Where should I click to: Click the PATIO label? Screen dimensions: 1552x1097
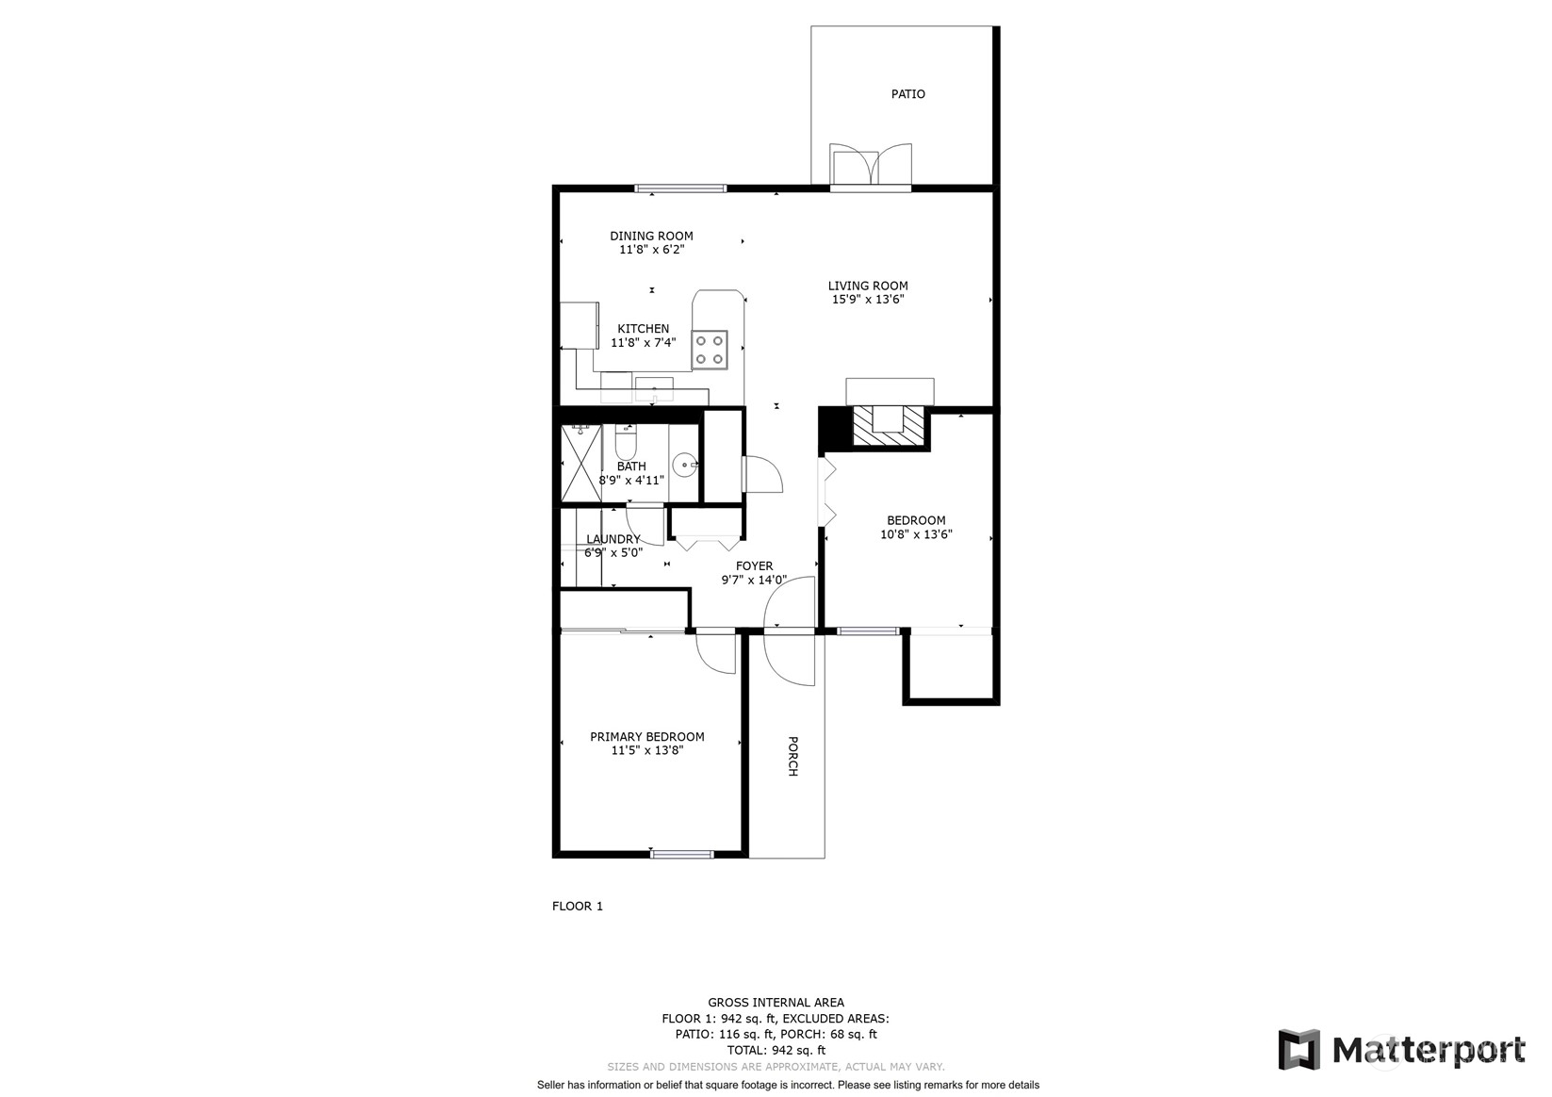tap(907, 94)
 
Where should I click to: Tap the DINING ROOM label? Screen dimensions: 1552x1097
tap(651, 237)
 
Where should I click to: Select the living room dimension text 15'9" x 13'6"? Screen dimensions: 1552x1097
tap(868, 300)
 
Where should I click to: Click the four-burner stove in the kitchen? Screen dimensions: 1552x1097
tap(710, 350)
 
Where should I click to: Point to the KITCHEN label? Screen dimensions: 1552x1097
tap(643, 329)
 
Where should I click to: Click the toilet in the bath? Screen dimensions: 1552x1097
tap(625, 439)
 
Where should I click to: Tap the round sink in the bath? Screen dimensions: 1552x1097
tap(684, 465)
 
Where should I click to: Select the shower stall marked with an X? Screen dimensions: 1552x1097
tap(580, 463)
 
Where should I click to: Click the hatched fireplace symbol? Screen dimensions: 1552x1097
tap(889, 425)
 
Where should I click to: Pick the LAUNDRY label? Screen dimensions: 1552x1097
tap(613, 539)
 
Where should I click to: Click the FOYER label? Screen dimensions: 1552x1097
tap(755, 566)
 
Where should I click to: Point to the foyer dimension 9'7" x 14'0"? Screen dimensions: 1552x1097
tap(755, 580)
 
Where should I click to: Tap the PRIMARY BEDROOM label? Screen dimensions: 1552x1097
tap(647, 737)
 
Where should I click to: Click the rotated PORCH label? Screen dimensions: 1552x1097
tap(793, 756)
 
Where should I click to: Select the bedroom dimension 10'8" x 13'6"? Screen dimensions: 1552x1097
tap(916, 534)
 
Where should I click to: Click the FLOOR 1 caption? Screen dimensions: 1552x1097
tap(577, 906)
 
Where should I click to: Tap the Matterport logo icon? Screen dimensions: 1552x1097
tap(1299, 1050)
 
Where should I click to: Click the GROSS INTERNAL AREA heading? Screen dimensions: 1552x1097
tap(776, 1002)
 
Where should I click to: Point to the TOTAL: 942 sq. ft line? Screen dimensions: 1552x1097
tap(776, 1050)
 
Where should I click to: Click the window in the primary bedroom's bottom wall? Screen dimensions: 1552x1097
tap(682, 855)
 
